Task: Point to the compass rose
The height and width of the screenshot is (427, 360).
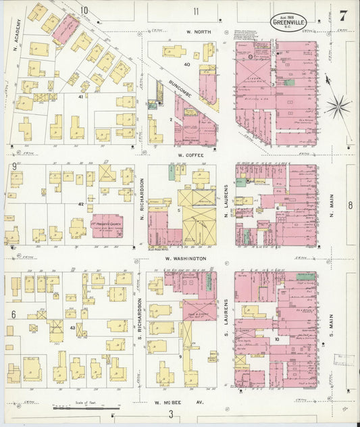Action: pos(337,105)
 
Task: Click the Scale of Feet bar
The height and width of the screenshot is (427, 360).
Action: pos(86,409)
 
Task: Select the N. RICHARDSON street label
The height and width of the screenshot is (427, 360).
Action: pos(140,199)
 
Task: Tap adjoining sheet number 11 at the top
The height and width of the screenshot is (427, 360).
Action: pos(196,11)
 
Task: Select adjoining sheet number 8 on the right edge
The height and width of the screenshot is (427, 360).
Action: pos(350,205)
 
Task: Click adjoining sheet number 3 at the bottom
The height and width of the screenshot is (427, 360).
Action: pos(172,414)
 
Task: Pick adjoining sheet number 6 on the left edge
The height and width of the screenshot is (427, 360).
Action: pos(13,315)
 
